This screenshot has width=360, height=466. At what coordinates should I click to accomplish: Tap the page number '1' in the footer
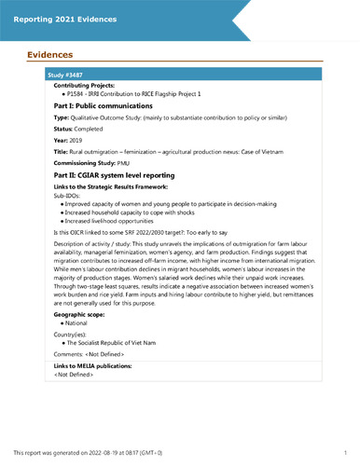(x=344, y=451)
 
